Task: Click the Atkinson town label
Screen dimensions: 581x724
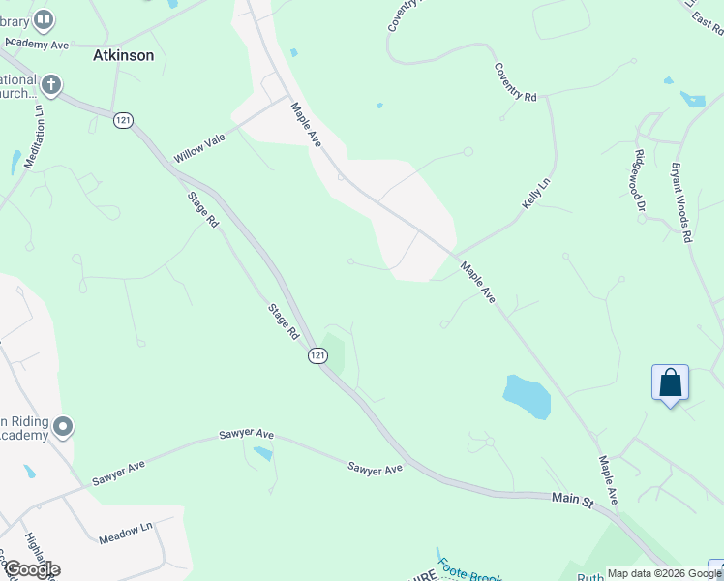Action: coord(123,55)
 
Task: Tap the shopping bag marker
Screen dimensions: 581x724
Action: coord(670,383)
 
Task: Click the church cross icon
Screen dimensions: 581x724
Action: coord(50,86)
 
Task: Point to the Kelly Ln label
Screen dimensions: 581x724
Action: coord(535,193)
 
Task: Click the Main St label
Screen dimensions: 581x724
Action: coord(572,499)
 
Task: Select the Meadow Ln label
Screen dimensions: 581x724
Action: coord(126,528)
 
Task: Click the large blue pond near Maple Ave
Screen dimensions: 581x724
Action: coord(527,396)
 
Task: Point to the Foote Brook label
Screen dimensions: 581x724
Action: coord(469,571)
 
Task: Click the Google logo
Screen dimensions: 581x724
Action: coord(31,569)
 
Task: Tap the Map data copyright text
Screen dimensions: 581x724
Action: coord(664,573)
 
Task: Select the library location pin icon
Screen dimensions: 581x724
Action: coord(43,18)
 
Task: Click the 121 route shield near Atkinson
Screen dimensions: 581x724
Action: coord(123,119)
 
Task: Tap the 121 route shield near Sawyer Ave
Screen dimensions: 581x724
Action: coord(318,356)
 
